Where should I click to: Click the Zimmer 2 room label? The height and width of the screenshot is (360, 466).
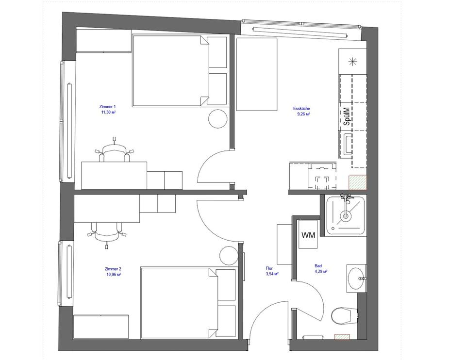tap(113, 269)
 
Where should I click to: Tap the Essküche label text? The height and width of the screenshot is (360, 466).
tap(301, 109)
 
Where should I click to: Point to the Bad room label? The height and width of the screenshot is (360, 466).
tap(318, 266)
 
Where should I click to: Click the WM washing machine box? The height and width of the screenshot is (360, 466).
tap(308, 235)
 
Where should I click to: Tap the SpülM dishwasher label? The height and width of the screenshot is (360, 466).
tap(347, 116)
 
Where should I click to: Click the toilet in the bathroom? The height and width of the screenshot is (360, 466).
tap(342, 316)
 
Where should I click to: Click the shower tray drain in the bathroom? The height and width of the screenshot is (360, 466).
tap(346, 215)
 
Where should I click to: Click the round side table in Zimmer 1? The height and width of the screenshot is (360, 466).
tap(217, 119)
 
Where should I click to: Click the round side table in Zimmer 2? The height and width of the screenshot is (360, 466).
tap(228, 255)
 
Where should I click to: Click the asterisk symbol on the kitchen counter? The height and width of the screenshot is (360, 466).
tap(353, 61)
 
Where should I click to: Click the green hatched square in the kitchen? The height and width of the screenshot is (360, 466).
tap(357, 182)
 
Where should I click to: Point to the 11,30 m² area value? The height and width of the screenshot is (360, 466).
tap(108, 112)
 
